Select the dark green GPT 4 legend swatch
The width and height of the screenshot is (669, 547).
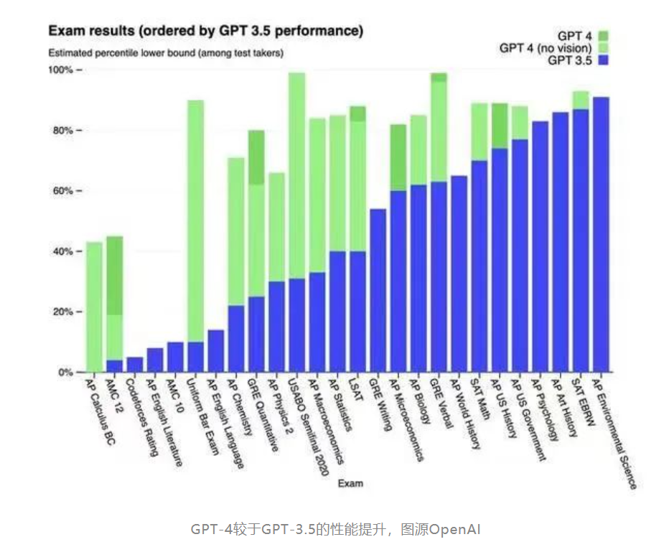[x=602, y=35]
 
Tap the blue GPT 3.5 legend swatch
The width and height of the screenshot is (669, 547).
[x=602, y=61]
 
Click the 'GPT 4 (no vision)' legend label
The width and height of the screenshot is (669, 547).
[x=546, y=48]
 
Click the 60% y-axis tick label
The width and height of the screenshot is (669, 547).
[x=61, y=191]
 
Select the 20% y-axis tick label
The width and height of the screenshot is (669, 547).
[x=61, y=312]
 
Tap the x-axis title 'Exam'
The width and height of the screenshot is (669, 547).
[x=350, y=483]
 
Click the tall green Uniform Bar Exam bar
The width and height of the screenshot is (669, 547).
[x=195, y=215]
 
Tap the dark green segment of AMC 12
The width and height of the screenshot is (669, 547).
[x=114, y=275]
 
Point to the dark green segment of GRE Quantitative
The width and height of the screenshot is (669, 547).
[x=256, y=157]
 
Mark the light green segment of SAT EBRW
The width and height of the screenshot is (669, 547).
[x=581, y=100]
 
